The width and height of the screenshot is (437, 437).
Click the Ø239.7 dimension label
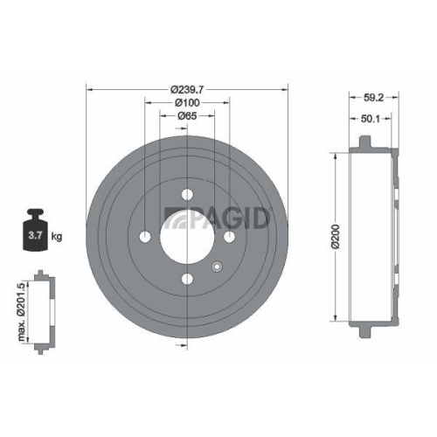point(187,88)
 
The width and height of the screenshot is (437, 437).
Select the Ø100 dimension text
point(187,101)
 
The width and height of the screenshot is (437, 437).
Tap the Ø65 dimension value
point(187,115)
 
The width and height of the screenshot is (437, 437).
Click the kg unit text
point(57,236)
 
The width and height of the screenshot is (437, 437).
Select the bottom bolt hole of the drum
point(187,280)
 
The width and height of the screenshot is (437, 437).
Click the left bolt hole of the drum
point(145,238)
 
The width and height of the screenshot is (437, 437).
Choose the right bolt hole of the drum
point(229,238)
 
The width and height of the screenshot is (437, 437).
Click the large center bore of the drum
point(187,238)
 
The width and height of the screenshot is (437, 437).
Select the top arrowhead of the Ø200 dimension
point(335,155)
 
